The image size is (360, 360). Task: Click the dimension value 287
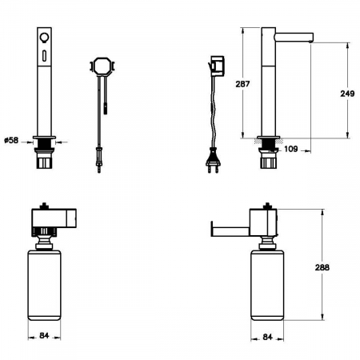(242, 84)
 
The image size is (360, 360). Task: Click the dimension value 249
(347, 94)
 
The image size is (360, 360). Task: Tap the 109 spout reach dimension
(290, 149)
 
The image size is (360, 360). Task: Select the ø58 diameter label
(11, 140)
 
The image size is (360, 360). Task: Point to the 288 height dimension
(322, 267)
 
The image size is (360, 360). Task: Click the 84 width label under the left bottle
(44, 335)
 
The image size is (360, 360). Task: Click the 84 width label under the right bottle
(267, 337)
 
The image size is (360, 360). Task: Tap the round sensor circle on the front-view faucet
(43, 37)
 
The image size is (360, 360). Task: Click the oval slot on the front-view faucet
(43, 55)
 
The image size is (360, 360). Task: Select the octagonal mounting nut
(102, 66)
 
